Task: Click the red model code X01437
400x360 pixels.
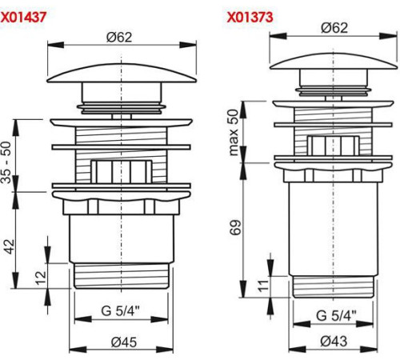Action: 23,18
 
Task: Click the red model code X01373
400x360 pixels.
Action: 250,18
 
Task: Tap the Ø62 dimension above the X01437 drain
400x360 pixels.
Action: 119,37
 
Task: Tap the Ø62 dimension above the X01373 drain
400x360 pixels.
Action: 334,28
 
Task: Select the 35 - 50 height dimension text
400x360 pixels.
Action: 6,162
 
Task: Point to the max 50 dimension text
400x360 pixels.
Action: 233,133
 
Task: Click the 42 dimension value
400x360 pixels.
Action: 10,246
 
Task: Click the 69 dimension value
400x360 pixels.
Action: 235,227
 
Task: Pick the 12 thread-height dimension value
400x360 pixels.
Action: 41,278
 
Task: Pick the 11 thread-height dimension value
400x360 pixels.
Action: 263,286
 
